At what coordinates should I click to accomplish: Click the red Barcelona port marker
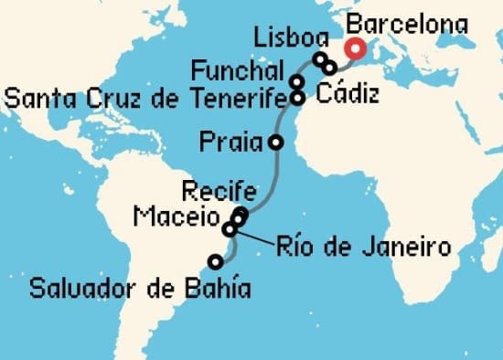click(353, 49)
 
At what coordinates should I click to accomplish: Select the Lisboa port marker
click(320, 59)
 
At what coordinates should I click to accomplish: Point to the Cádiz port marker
click(330, 67)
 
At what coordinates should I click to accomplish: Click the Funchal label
click(236, 69)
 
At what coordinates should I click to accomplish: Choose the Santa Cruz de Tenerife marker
click(297, 96)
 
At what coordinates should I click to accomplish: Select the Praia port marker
click(275, 142)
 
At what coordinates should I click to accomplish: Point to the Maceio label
click(174, 217)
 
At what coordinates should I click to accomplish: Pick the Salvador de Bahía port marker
click(215, 262)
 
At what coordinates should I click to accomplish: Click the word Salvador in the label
click(80, 291)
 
